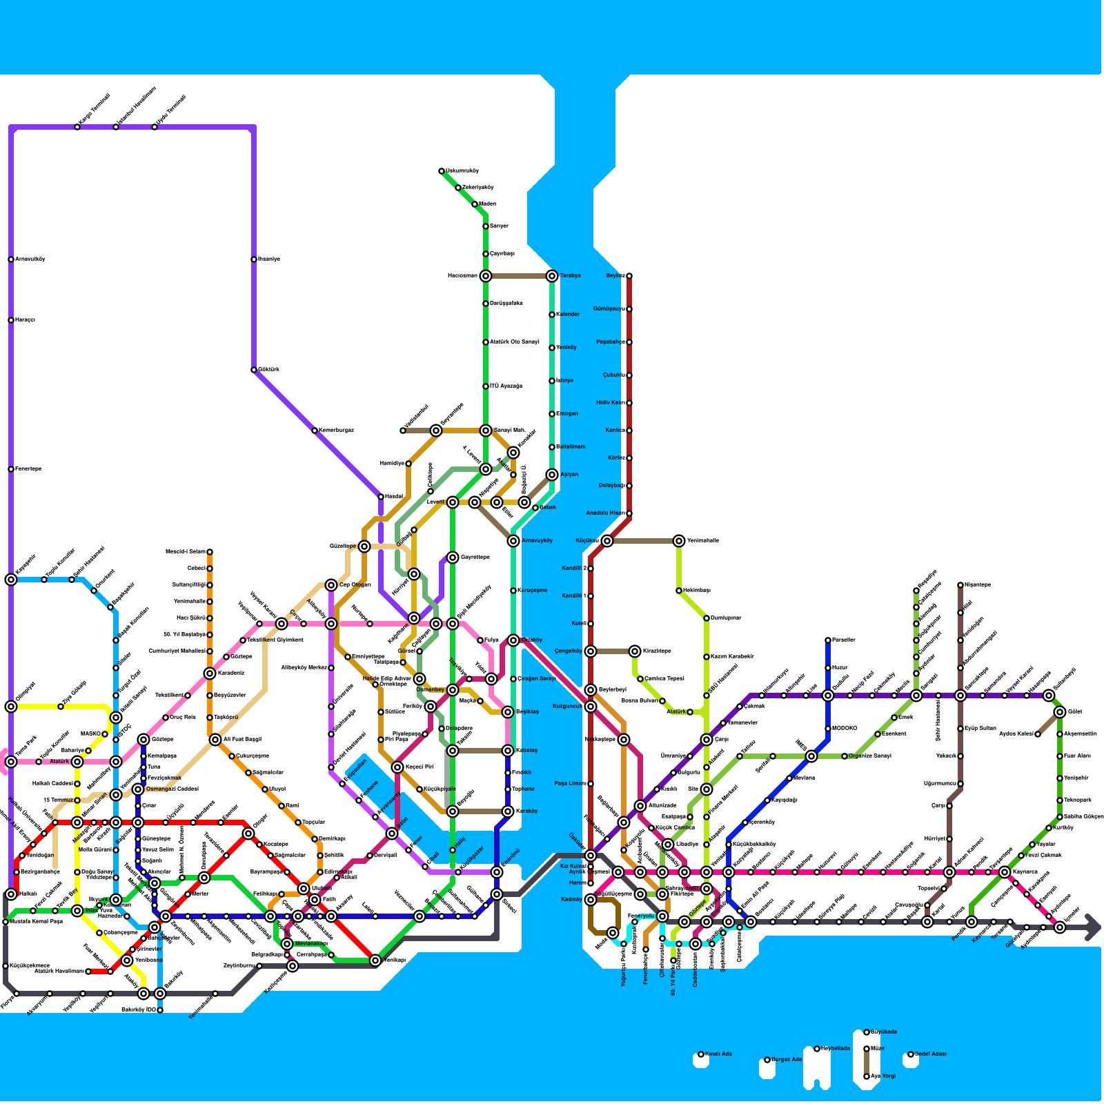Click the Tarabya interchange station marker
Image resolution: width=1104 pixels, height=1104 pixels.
tap(552, 276)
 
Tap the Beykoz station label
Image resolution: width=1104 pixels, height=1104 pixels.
tap(615, 276)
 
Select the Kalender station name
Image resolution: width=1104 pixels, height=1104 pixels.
tap(568, 315)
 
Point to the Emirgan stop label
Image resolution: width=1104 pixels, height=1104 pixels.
tap(567, 414)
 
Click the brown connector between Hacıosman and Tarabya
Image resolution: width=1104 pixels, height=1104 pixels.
tap(519, 276)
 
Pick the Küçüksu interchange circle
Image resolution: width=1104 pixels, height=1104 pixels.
tap(607, 541)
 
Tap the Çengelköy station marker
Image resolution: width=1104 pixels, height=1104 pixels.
tap(591, 651)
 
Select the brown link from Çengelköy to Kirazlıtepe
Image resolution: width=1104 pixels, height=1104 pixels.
tap(613, 651)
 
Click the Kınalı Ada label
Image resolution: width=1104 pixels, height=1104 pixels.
tap(718, 1054)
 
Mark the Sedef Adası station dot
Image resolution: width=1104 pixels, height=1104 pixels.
tap(911, 1054)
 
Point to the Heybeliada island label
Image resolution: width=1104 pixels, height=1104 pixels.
tap(835, 1049)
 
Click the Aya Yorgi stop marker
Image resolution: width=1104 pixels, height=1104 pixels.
tap(867, 1076)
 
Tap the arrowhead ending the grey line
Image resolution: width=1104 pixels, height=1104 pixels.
tap(1093, 927)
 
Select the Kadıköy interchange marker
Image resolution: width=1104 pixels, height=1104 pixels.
tap(591, 900)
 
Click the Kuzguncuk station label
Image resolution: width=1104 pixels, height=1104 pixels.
tap(568, 707)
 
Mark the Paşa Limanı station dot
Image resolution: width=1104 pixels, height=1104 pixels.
tap(591, 784)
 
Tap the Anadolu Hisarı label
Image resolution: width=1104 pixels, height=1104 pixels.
tap(605, 513)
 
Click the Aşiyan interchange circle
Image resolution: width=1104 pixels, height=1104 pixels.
tap(552, 475)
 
